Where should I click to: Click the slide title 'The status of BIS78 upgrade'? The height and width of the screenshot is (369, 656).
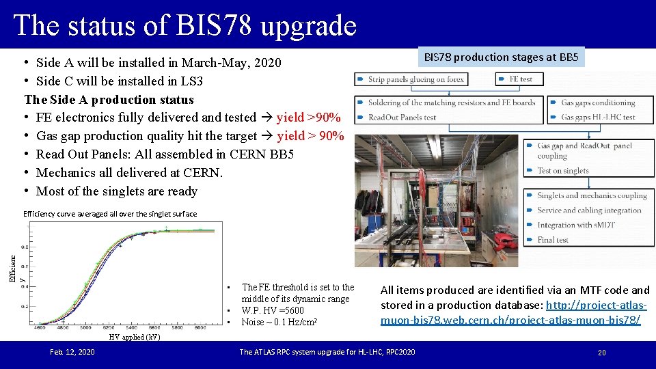click(x=184, y=25)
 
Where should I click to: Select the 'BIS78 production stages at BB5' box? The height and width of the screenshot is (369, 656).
click(x=501, y=57)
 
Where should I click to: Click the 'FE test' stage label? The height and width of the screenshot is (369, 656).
click(x=521, y=79)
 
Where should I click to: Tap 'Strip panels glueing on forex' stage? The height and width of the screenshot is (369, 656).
click(x=415, y=79)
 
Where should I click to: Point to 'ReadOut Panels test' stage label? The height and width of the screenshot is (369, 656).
click(x=402, y=117)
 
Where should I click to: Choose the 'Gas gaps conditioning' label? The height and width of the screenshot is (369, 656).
click(x=598, y=102)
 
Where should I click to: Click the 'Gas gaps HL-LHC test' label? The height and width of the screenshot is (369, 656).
click(x=598, y=117)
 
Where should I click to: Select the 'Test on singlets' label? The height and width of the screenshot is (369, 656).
click(x=562, y=171)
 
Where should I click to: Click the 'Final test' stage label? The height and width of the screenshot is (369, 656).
click(x=552, y=240)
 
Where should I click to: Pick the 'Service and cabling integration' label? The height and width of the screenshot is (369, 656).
click(x=589, y=210)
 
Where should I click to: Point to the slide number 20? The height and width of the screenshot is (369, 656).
click(x=601, y=353)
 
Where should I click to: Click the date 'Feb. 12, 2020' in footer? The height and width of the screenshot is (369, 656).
click(x=72, y=352)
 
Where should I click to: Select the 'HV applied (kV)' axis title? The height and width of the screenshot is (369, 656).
click(x=135, y=337)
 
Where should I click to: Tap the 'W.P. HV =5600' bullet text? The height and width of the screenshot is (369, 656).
click(x=273, y=310)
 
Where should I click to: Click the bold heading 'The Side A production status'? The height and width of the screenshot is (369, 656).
click(x=109, y=99)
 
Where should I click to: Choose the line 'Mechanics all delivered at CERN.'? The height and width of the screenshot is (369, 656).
click(x=129, y=173)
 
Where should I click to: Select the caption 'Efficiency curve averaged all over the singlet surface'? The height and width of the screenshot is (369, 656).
click(x=110, y=214)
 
